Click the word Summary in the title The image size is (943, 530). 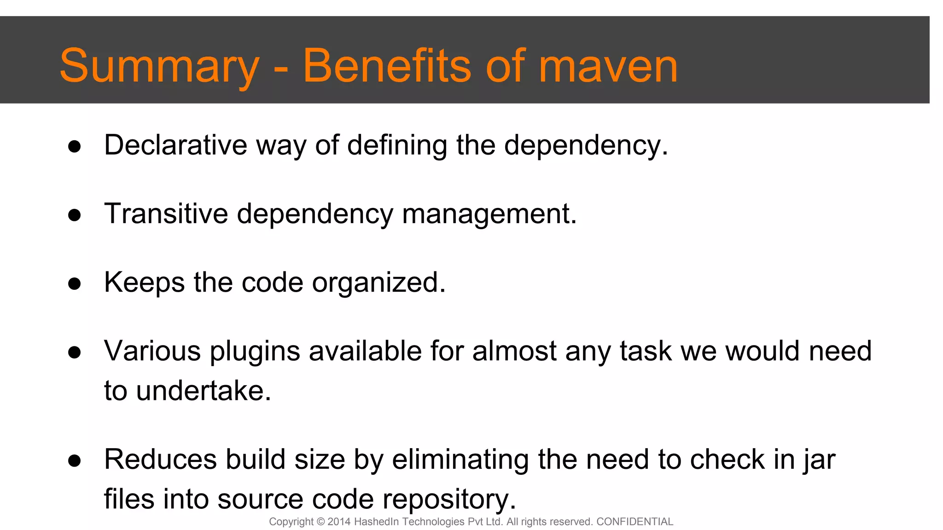click(x=159, y=67)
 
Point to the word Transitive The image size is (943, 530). click(x=166, y=214)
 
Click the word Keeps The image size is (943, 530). click(x=144, y=283)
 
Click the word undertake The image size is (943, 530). click(x=204, y=391)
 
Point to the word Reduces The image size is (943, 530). click(x=160, y=460)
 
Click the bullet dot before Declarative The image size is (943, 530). click(x=75, y=147)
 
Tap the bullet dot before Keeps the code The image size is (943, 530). click(x=75, y=284)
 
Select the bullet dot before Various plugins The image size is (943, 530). click(x=75, y=352)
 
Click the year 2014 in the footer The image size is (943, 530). click(x=339, y=522)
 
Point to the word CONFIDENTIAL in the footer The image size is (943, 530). click(x=634, y=522)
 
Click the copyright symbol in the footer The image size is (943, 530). click(x=321, y=522)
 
